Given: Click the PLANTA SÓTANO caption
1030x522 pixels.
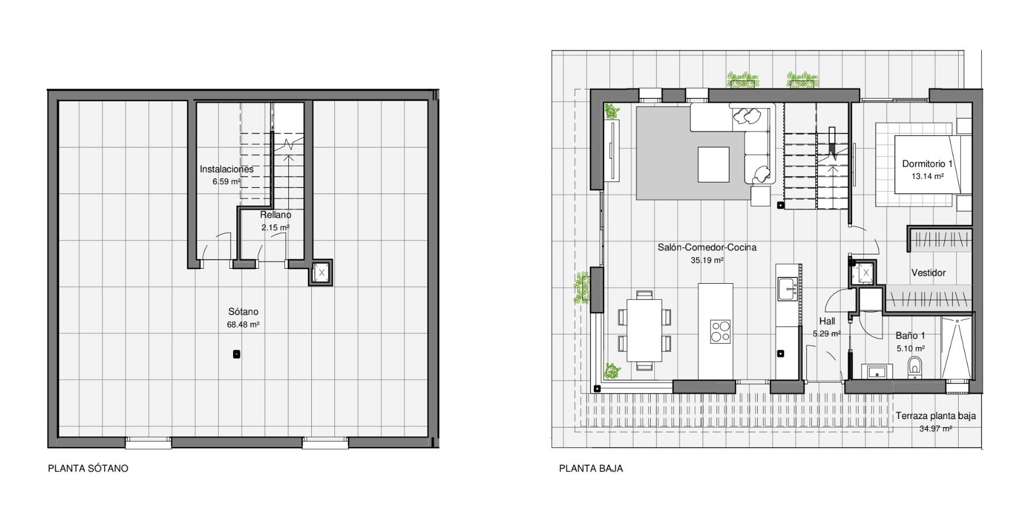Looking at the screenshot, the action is click(88, 468).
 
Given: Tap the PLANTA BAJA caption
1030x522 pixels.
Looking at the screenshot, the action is click(591, 468).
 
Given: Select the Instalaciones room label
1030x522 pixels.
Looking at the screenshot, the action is click(227, 169).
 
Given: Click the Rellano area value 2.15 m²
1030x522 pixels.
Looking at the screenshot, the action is click(275, 227).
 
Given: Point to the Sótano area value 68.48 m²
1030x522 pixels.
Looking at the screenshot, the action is click(243, 325).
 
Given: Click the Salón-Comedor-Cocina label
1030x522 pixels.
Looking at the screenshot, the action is click(707, 247).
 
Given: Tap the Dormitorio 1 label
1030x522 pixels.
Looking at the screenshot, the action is click(928, 164).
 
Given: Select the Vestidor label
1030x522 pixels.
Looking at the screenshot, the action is click(928, 273).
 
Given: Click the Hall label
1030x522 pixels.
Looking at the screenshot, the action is click(827, 321).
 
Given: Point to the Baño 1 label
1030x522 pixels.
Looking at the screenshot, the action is click(910, 336).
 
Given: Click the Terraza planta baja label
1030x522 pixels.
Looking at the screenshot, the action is click(936, 416).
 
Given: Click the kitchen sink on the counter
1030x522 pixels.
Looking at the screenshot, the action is click(786, 288).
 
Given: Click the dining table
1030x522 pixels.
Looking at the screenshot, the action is click(644, 330).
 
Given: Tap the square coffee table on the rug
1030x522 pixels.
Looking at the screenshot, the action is click(714, 164).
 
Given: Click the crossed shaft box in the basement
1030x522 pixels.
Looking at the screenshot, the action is click(322, 271).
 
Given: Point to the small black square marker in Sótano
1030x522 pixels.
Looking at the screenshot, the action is click(236, 355).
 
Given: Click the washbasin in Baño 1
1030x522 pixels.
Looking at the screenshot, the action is click(877, 371).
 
